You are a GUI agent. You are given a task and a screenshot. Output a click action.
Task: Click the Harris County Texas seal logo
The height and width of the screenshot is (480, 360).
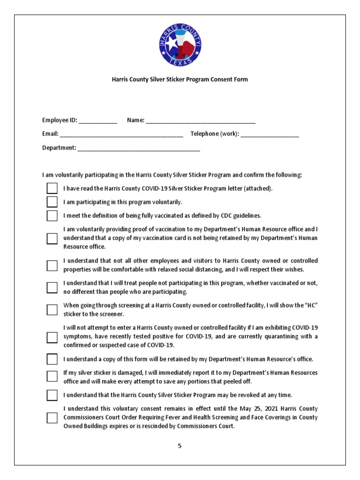[180, 45]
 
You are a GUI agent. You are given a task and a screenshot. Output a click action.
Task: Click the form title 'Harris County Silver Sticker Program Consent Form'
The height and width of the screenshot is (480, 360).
[180, 80]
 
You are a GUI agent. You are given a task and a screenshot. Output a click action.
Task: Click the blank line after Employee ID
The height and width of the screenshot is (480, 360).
[98, 121]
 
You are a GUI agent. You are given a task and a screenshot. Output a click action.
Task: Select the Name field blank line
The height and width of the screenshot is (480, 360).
[201, 121]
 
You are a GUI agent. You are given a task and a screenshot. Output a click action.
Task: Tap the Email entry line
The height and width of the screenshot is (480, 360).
[121, 135]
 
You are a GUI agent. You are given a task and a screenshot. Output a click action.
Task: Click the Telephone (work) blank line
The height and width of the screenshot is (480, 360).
[270, 135]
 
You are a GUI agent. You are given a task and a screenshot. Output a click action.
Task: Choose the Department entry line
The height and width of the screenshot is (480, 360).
[139, 149]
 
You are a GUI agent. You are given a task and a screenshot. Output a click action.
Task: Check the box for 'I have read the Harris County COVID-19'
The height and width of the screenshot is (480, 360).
[52, 189]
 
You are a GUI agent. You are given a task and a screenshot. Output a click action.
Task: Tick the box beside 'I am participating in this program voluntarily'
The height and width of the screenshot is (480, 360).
[52, 202]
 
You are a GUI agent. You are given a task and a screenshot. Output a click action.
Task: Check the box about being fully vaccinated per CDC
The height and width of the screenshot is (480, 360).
[52, 216]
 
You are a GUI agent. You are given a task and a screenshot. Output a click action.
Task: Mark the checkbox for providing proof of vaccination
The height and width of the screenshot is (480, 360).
[52, 239]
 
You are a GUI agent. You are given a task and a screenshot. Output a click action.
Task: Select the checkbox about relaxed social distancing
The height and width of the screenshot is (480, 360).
[52, 265]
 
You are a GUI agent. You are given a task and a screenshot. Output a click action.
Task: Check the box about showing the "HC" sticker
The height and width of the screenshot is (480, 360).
[52, 310]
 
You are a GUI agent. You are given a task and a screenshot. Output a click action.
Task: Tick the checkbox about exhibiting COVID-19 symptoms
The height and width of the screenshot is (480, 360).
[52, 337]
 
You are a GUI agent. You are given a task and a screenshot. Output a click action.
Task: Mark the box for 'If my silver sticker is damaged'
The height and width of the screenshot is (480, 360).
[52, 376]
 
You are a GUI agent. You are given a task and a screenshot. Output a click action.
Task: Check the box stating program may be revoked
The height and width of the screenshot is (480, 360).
[52, 395]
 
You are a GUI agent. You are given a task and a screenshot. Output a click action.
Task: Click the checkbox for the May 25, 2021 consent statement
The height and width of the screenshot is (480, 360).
[52, 418]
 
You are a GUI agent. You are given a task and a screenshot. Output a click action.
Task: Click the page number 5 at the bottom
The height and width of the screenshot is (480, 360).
[180, 446]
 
